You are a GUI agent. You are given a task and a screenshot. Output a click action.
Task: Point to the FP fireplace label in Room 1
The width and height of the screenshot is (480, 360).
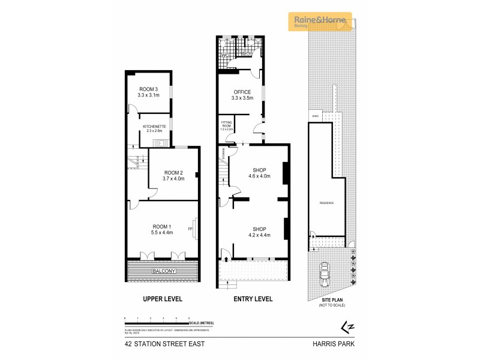(x=190, y=229)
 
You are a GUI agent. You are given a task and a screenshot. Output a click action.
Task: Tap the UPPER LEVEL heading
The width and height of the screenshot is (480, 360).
(x=162, y=299)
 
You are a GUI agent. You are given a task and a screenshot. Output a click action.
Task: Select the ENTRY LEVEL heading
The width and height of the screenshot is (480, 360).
(x=253, y=299)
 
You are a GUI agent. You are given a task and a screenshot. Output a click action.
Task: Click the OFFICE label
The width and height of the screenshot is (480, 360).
(x=242, y=92)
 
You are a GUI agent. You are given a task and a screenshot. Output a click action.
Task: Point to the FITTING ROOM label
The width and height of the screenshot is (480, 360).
(x=226, y=125)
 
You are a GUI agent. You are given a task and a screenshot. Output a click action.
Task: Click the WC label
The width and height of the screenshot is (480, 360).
(x=225, y=55)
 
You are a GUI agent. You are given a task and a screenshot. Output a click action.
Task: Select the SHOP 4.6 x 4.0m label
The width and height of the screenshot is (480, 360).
(x=260, y=173)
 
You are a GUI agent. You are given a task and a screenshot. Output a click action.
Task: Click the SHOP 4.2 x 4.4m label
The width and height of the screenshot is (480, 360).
(x=260, y=232)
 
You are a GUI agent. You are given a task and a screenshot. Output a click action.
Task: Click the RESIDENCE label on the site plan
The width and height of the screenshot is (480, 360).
(x=326, y=203)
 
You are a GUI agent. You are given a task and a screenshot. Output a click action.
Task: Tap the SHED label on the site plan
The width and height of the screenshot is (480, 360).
(x=314, y=116)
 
